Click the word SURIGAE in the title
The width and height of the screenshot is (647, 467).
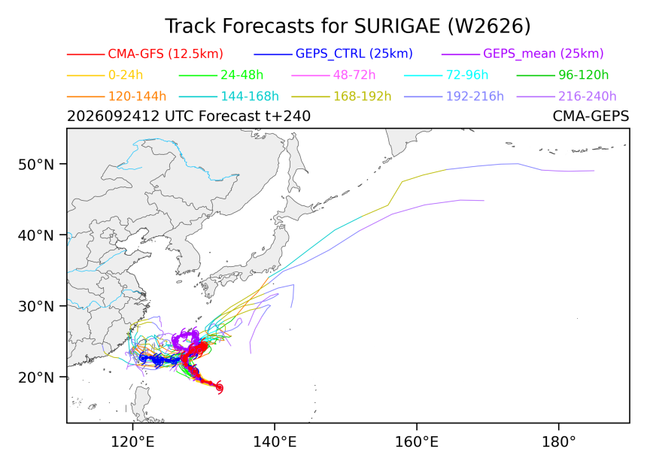click(397, 26)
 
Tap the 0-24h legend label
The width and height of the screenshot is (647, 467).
click(126, 75)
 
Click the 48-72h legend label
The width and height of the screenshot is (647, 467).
click(354, 75)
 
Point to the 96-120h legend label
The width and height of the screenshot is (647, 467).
click(584, 75)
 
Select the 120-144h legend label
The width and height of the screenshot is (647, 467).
click(137, 96)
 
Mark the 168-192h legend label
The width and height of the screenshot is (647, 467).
click(363, 96)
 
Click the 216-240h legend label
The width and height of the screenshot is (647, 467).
click(587, 96)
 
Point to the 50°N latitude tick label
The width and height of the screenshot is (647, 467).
click(36, 165)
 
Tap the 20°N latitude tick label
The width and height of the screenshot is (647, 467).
click(36, 378)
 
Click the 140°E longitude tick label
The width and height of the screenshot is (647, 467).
click(274, 442)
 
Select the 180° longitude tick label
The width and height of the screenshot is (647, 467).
click(559, 442)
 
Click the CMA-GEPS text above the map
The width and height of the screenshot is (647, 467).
click(591, 117)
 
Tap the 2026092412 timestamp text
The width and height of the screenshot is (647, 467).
click(113, 117)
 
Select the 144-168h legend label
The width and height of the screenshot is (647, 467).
click(250, 96)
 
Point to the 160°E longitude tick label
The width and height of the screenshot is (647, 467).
click(417, 442)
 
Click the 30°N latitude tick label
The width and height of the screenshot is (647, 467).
click(36, 307)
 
